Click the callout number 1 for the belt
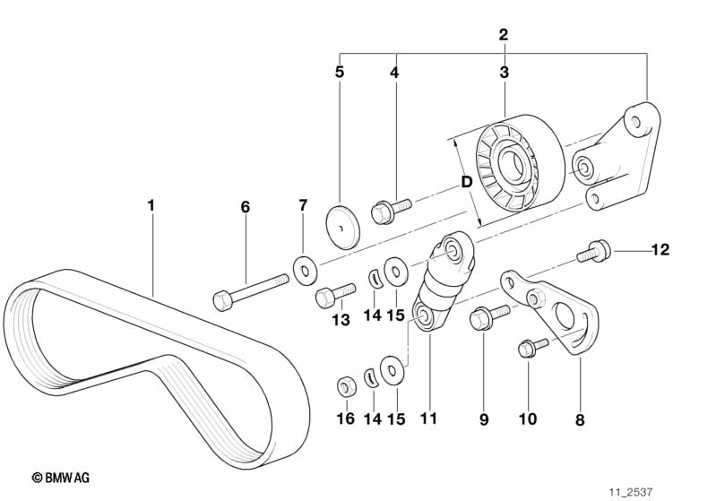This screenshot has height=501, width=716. [x=151, y=205]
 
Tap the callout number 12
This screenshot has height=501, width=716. [x=660, y=249]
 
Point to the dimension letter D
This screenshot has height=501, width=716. [x=466, y=182]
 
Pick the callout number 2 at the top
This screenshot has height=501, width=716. [x=504, y=36]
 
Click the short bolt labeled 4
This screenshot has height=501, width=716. [x=391, y=207]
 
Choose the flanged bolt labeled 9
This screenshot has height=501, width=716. [x=487, y=315]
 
